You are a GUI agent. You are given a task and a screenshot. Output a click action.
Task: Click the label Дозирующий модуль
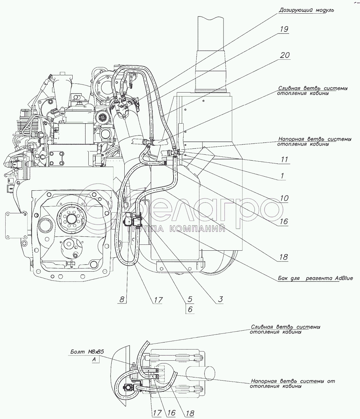pyautogui.click(x=306, y=10)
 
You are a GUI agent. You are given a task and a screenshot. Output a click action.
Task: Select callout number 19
pyautogui.click(x=284, y=29)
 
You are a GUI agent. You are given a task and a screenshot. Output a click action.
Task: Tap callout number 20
pyautogui.click(x=285, y=56)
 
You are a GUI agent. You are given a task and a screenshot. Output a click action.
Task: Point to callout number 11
pyautogui.click(x=285, y=160)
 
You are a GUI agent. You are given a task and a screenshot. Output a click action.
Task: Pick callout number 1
pyautogui.click(x=282, y=176)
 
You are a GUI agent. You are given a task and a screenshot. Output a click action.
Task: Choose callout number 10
pyautogui.click(x=284, y=198)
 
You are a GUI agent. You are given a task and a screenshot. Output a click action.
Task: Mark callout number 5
pyautogui.click(x=190, y=300)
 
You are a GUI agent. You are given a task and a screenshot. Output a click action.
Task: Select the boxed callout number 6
pyautogui.click(x=190, y=309)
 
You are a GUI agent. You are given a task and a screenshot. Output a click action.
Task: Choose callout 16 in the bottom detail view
pyautogui.click(x=171, y=413)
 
